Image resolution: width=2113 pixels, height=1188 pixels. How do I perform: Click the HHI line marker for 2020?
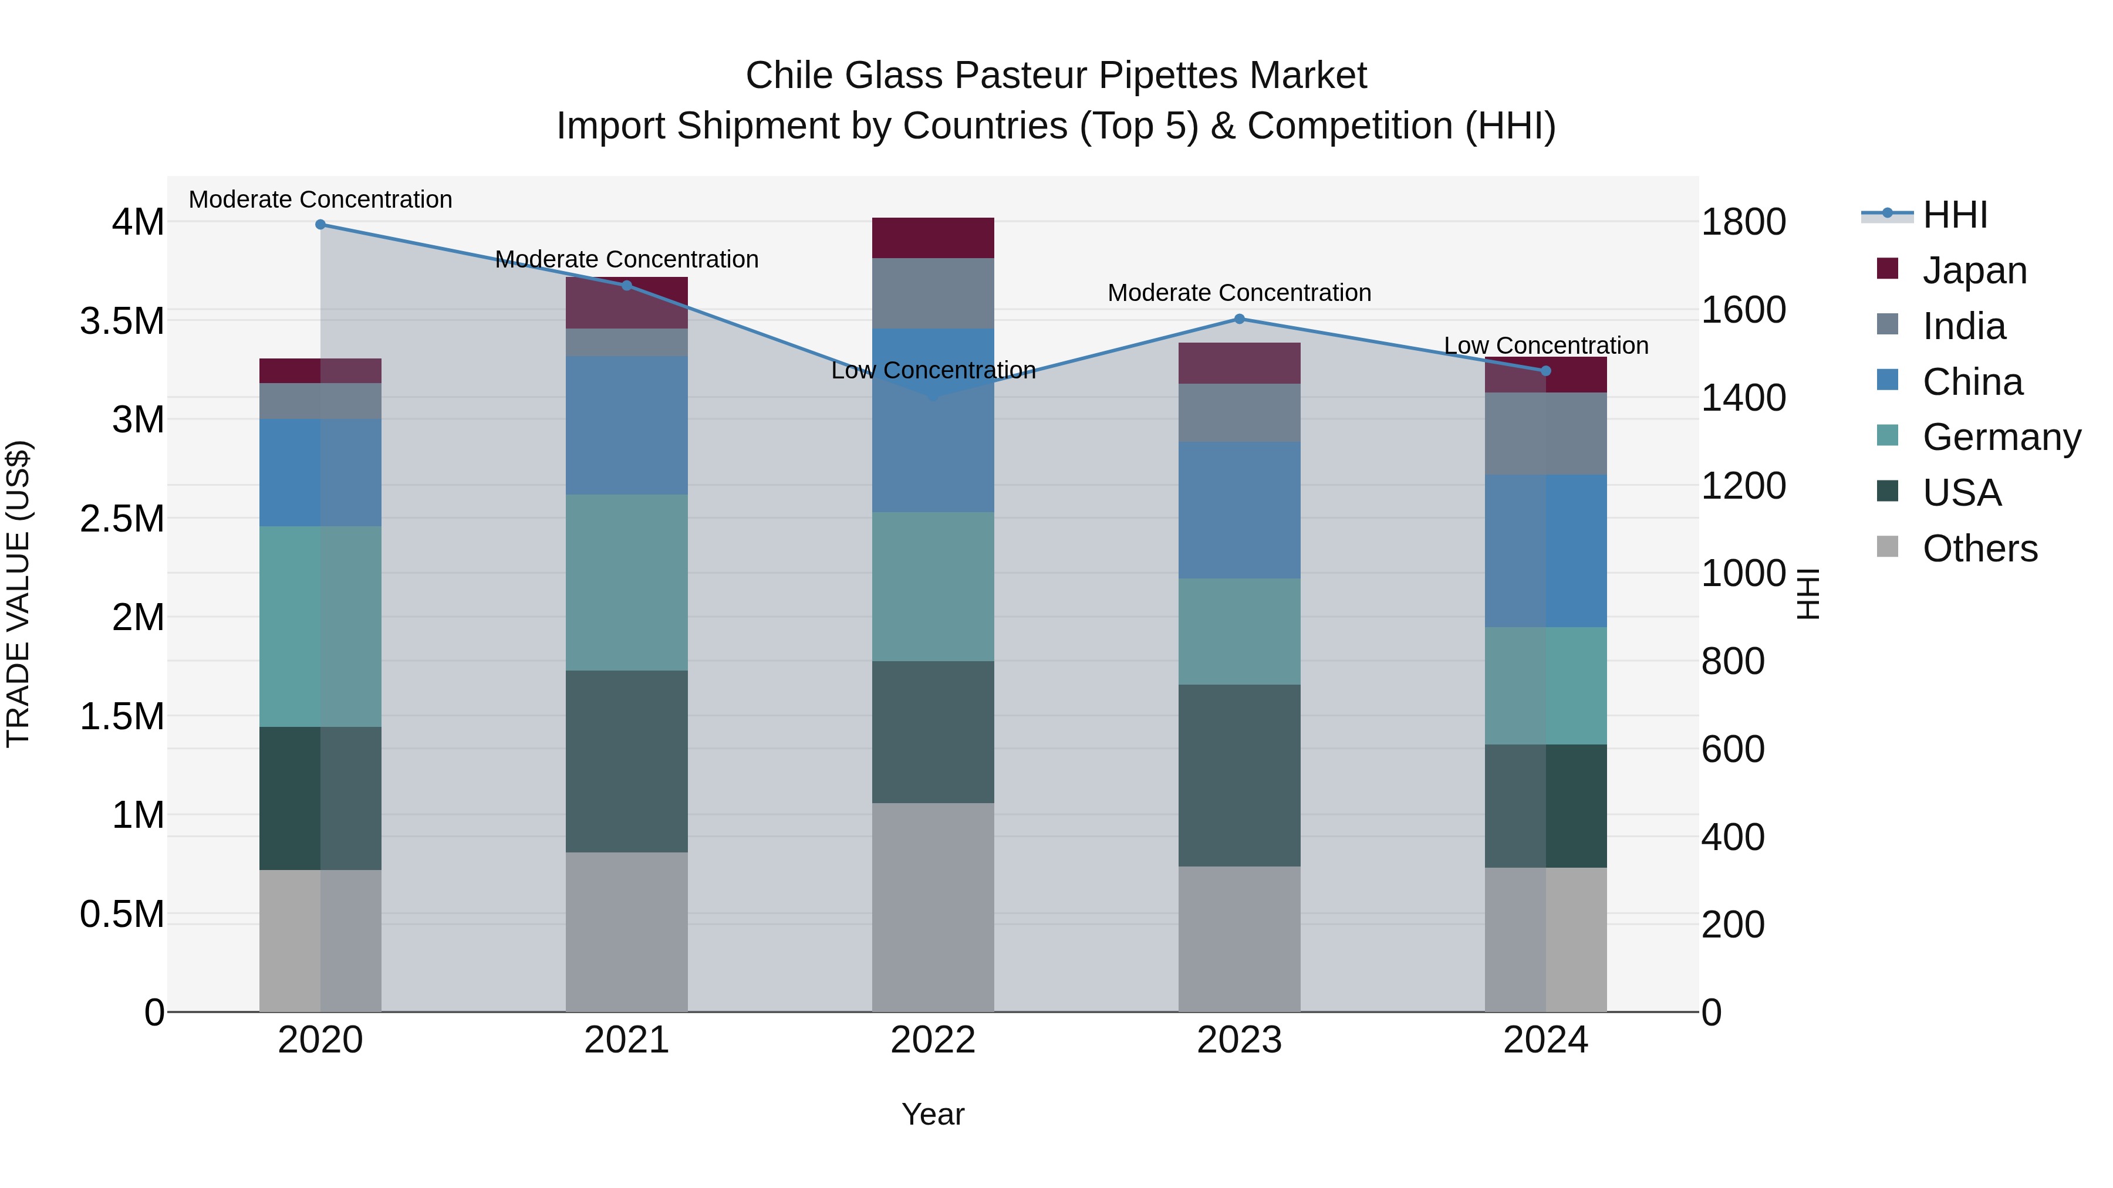click(320, 224)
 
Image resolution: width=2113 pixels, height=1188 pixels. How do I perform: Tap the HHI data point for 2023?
click(1240, 319)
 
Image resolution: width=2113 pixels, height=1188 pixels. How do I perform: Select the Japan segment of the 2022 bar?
click(933, 238)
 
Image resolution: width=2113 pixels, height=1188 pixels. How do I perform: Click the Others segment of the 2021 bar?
click(627, 932)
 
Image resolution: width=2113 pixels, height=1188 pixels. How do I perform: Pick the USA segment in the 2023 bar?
click(1240, 775)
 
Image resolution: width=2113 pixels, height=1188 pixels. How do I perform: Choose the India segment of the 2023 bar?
click(1240, 412)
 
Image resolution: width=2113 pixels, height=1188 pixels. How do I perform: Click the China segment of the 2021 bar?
click(627, 425)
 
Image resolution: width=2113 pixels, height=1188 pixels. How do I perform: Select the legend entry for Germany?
click(2001, 437)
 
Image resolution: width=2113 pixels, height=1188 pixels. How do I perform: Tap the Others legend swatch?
click(1888, 547)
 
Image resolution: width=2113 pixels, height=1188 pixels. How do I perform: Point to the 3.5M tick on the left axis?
click(121, 320)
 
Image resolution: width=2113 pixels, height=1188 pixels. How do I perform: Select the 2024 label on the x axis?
click(1545, 1040)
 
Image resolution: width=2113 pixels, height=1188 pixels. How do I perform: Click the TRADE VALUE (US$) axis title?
click(18, 594)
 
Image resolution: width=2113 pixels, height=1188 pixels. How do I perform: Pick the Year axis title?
click(933, 1114)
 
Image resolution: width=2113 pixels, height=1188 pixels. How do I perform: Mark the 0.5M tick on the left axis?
click(121, 913)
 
